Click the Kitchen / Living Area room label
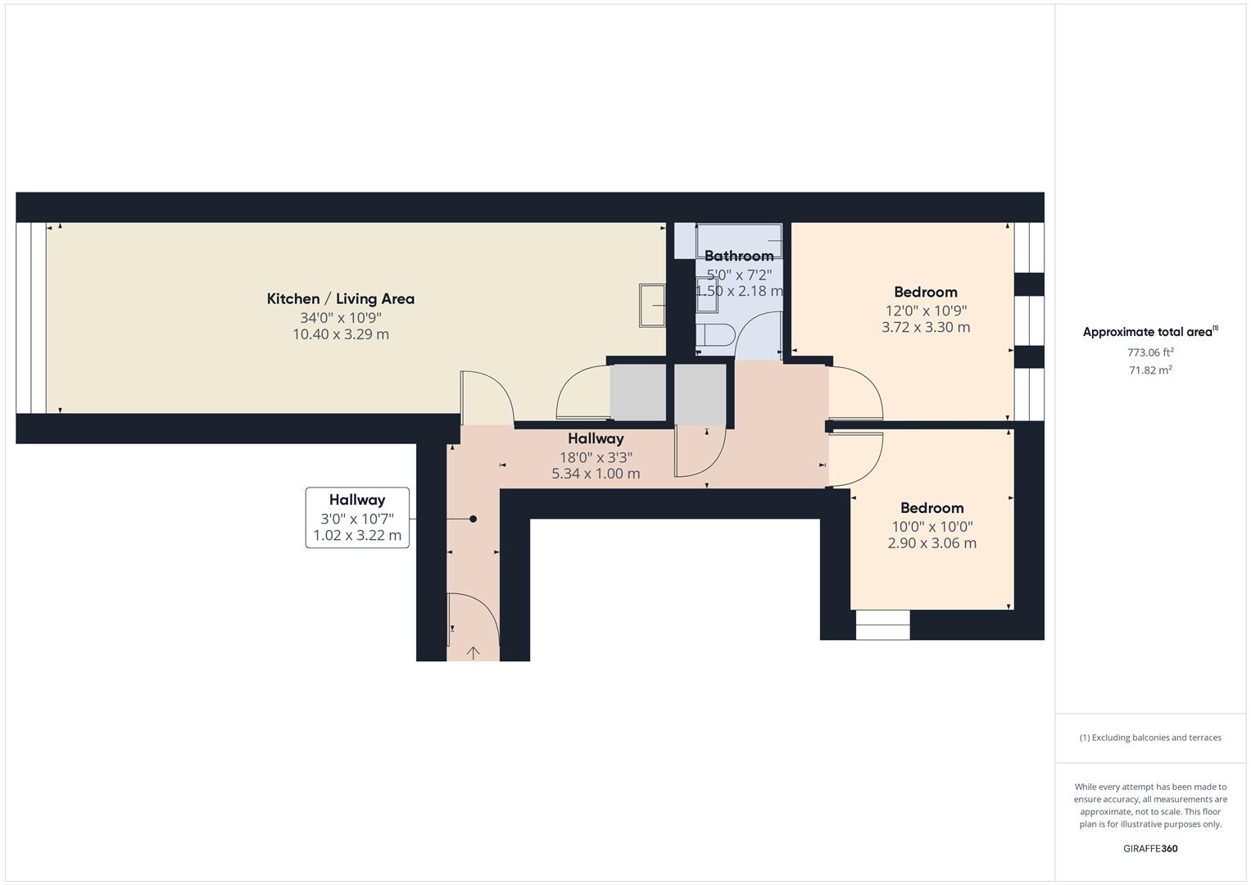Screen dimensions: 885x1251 coord(340,299)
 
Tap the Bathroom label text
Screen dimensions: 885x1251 coord(739,256)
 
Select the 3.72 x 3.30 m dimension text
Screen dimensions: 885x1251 coord(926,327)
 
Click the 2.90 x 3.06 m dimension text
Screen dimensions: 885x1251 coord(931,542)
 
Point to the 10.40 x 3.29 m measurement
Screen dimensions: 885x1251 coord(340,334)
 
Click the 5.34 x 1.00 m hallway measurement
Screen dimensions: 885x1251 coord(596,474)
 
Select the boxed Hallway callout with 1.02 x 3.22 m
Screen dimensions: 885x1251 coord(357,517)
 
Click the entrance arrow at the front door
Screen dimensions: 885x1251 coord(474,652)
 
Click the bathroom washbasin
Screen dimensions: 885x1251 coord(706,294)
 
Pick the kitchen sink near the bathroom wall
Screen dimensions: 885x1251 coord(653,304)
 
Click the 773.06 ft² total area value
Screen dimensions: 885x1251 coord(1150,352)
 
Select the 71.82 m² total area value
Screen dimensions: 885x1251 coord(1150,370)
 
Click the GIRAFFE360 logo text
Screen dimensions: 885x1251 coord(1150,849)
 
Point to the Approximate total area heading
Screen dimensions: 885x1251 coord(1150,332)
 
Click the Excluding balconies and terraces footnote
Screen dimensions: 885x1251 coord(1150,737)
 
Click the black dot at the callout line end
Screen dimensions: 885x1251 coord(473,519)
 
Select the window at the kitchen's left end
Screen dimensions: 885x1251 coord(31,318)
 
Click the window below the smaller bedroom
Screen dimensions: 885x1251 coord(882,625)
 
